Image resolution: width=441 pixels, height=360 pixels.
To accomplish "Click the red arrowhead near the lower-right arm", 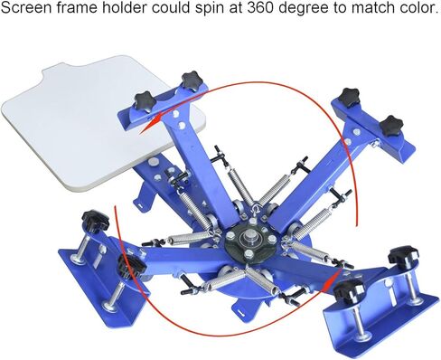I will (337, 264).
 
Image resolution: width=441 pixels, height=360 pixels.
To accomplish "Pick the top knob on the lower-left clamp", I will (92, 220).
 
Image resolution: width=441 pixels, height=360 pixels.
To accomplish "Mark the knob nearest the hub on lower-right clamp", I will (348, 290).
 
